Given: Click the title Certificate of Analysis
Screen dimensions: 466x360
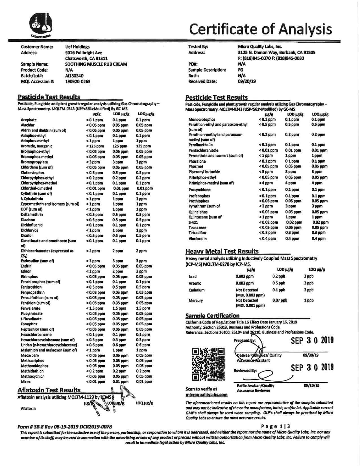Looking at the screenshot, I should pos(260,29).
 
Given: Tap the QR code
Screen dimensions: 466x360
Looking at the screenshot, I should pos(208,364).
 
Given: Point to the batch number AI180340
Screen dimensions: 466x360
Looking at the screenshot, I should pos(74,76).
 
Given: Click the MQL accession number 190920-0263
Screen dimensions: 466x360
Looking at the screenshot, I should pos(78,82).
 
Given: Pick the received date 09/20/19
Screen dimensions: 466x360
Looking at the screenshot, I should pos(247,81).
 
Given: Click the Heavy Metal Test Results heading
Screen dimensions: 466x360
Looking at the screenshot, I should pos(222,251).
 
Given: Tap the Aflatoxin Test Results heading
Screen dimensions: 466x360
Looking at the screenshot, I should pos(49,390).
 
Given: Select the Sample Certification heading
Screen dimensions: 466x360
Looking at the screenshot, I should pos(212,316).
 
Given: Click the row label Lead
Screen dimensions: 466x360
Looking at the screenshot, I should pos(192,276).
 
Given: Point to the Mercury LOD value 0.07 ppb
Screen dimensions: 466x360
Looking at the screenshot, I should pos(280,300).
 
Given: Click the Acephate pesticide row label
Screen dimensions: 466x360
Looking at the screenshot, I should pos(29,120).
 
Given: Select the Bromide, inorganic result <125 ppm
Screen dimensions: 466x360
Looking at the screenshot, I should pos(95,146).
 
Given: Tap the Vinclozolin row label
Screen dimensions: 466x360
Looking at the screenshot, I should pos(197,239).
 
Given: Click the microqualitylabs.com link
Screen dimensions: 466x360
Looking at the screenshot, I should pos(206,395).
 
